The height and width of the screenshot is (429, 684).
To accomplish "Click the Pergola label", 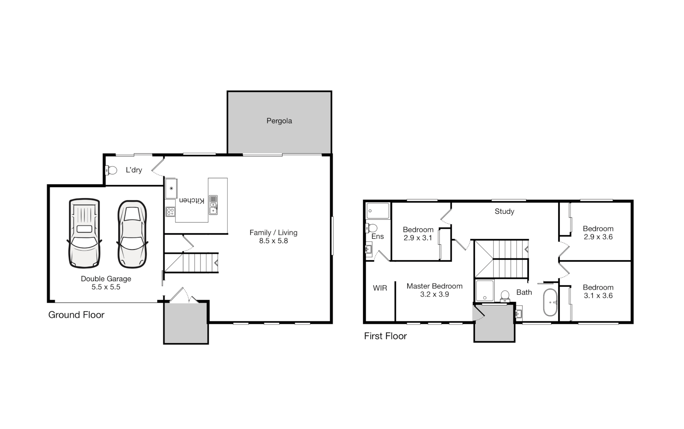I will click(x=279, y=121).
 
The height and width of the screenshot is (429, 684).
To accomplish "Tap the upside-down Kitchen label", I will click(x=192, y=200).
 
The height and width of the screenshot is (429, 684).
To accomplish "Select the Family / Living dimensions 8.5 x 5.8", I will click(x=273, y=241).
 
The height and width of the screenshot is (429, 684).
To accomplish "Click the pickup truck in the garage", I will click(x=84, y=233).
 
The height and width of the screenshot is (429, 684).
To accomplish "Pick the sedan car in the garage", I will click(x=132, y=234).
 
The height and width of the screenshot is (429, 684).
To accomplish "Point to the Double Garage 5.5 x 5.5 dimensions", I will click(x=106, y=287).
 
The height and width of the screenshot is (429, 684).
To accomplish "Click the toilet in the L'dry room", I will click(x=111, y=170).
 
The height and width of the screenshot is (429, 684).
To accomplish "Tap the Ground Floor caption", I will click(x=76, y=315).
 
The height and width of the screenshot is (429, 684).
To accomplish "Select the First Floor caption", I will click(x=385, y=336).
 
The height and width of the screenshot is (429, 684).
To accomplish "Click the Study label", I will click(x=504, y=211).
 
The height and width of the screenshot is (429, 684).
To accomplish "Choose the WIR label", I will click(x=380, y=288).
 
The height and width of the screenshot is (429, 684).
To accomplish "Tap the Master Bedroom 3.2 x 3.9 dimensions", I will click(x=434, y=294).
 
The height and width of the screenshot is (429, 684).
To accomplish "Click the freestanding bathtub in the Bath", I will click(x=550, y=302).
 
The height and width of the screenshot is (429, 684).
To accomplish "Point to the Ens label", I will click(x=377, y=236).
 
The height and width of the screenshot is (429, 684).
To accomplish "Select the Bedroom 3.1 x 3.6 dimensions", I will click(x=598, y=296).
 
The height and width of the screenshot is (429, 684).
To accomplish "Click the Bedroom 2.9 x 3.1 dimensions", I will click(x=418, y=238).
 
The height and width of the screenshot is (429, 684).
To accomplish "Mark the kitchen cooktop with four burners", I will click(x=170, y=211).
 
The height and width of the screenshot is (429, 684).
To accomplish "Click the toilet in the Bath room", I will click(x=505, y=296).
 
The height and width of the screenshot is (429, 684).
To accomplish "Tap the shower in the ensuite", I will click(x=378, y=211).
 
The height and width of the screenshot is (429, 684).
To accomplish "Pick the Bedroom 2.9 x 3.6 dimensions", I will click(x=598, y=237).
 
